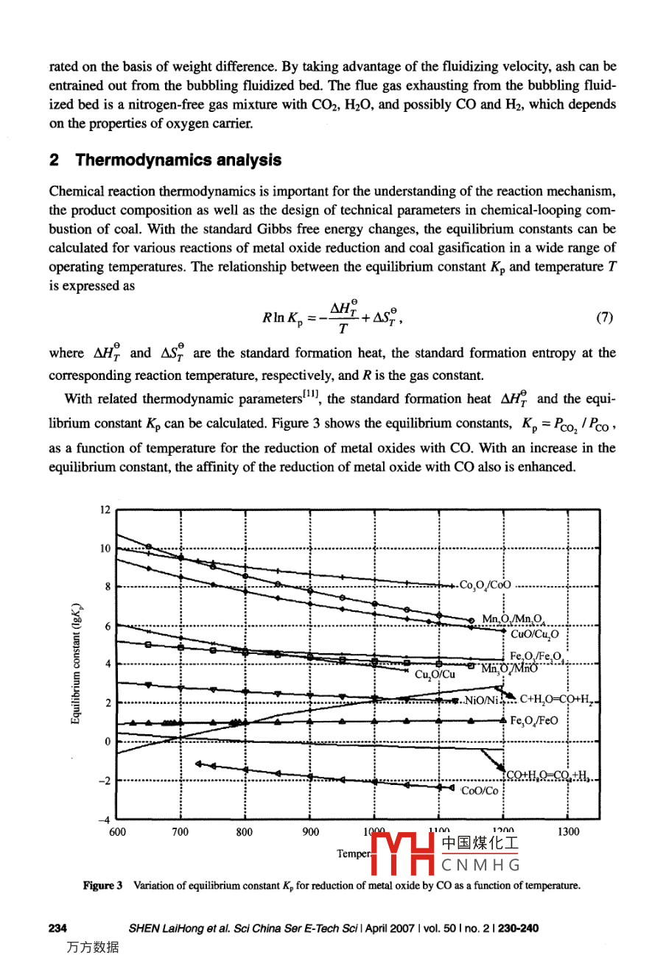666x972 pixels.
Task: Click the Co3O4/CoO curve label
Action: tap(485, 585)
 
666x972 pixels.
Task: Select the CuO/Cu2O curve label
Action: tap(534, 633)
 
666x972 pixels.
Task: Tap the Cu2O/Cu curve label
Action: tap(435, 674)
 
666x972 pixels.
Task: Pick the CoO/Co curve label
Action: tap(480, 791)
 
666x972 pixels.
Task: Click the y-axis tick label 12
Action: tap(105, 510)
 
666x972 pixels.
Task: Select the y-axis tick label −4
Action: tap(104, 820)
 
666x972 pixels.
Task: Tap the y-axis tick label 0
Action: tap(107, 742)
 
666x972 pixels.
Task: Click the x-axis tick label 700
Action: tap(180, 832)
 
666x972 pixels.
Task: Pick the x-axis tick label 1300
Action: tap(568, 832)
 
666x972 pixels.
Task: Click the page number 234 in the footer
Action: tap(57, 929)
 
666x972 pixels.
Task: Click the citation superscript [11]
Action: tap(312, 395)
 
